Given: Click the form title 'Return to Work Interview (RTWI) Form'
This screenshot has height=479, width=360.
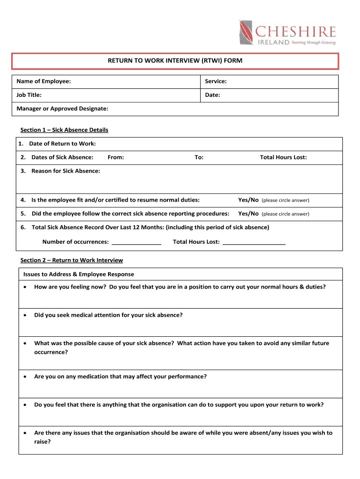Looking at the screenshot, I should (175, 61).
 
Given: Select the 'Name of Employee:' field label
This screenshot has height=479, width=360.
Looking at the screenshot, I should (44, 81).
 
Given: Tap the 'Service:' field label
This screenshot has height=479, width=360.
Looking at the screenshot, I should (216, 81).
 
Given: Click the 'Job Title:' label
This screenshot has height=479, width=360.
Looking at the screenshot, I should (29, 95).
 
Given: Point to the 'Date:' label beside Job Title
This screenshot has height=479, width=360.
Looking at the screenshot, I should (212, 95).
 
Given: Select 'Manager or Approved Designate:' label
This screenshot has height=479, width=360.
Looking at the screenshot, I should (63, 109).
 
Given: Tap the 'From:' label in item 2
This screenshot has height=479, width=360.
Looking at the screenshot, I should (115, 157).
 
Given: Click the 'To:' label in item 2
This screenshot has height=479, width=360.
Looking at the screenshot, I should (199, 157).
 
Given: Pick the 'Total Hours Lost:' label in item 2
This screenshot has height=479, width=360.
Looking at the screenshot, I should (283, 157).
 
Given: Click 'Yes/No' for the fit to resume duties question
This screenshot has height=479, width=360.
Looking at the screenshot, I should (248, 200).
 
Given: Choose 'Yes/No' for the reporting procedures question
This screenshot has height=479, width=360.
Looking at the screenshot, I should (248, 214).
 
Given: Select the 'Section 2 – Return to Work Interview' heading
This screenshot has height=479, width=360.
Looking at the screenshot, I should (72, 260).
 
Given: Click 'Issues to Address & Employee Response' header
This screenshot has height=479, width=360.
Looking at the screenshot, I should (79, 274).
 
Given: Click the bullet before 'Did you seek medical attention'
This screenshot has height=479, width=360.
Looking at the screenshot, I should (25, 315).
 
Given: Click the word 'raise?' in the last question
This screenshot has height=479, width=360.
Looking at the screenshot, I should (43, 441).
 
